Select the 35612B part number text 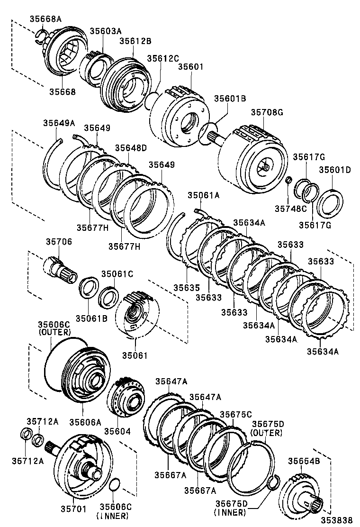[x=135, y=41]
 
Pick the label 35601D [x=334, y=170]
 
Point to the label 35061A [x=203, y=195]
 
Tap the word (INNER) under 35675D [x=230, y=512]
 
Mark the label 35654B [x=304, y=461]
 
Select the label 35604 [x=117, y=432]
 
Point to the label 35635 [x=186, y=288]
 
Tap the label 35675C [x=235, y=414]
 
